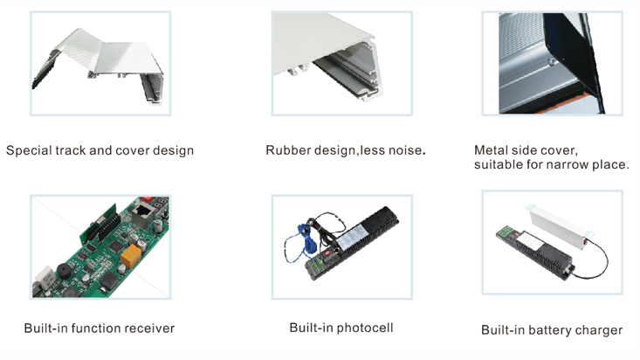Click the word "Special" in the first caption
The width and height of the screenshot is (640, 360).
pyautogui.click(x=28, y=150)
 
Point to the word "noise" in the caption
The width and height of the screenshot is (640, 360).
pyautogui.click(x=403, y=150)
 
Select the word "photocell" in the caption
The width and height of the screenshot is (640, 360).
pyautogui.click(x=363, y=328)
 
